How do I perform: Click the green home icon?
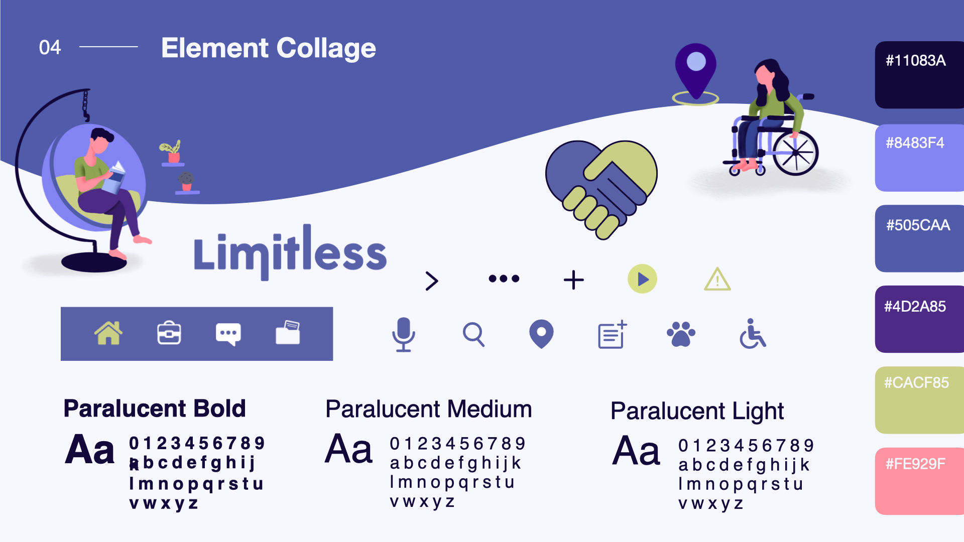(x=108, y=333)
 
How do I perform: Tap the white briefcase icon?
(x=169, y=333)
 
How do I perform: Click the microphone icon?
(x=403, y=334)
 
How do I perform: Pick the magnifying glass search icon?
(x=473, y=334)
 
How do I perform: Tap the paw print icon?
(x=681, y=334)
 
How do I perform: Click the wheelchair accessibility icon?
(x=753, y=333)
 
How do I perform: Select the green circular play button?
(x=642, y=279)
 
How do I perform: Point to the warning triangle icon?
(x=717, y=279)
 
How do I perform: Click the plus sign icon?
(x=574, y=280)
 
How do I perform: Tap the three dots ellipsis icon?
(x=504, y=279)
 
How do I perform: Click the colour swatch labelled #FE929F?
(x=919, y=481)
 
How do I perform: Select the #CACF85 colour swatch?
(x=919, y=400)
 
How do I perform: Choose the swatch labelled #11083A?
(x=919, y=75)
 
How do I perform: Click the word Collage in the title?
(x=326, y=49)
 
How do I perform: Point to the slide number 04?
(x=50, y=48)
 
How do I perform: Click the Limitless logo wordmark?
(x=290, y=252)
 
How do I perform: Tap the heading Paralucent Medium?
(x=428, y=409)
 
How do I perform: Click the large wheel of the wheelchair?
(x=796, y=153)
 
